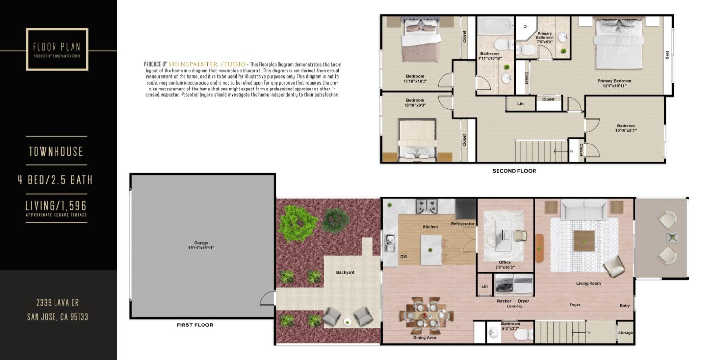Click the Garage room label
(201, 243)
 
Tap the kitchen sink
(389, 242)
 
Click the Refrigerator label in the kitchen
(462, 224)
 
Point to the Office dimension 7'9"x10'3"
(505, 267)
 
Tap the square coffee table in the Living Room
(584, 240)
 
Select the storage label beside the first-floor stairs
(625, 333)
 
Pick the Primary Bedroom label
(614, 81)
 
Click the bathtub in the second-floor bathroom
(494, 25)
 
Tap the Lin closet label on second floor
(520, 103)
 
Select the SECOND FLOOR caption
(514, 171)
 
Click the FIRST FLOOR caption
(195, 325)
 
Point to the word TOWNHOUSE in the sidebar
(56, 152)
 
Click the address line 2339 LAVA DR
(57, 303)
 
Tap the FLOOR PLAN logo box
(57, 49)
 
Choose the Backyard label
(345, 272)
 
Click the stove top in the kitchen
(427, 206)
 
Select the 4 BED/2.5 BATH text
(55, 180)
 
